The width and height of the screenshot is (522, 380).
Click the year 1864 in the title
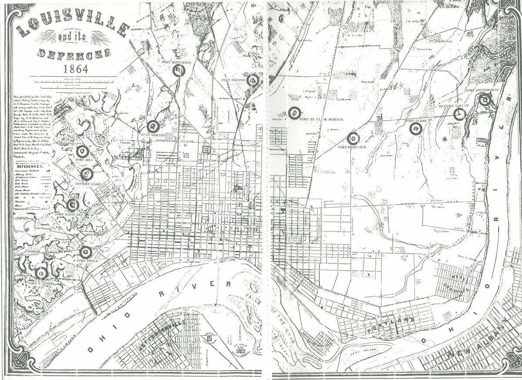[x=76, y=69]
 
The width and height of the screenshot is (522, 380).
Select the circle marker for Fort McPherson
[x=179, y=71]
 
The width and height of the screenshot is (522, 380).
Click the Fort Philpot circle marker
[x=253, y=80]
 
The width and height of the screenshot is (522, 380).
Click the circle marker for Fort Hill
[x=82, y=151]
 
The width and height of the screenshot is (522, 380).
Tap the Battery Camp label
[x=88, y=184]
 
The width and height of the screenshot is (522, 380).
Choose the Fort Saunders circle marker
[x=73, y=204]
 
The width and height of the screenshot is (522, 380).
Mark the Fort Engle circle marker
[x=86, y=252]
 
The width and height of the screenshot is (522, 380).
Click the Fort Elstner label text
[x=40, y=283]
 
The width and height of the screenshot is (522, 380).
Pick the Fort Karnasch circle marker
[x=353, y=138]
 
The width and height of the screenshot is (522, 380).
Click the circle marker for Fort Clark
[x=416, y=128]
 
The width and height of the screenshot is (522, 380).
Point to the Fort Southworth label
[x=482, y=91]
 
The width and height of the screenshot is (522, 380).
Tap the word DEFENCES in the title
[x=73, y=54]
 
